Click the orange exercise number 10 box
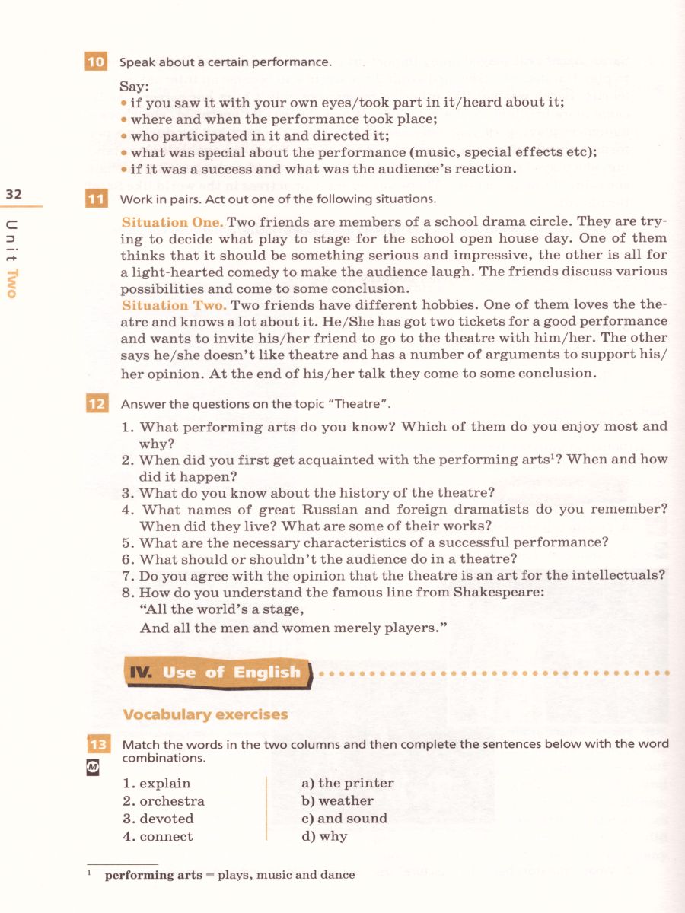[96, 62]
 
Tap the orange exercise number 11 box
[96, 199]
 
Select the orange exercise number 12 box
[96, 404]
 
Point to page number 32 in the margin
[14, 194]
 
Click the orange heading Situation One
[172, 222]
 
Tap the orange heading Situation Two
[174, 305]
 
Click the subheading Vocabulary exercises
[205, 714]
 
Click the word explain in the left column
[165, 783]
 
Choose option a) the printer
[348, 783]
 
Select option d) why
[324, 836]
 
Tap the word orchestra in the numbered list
[172, 800]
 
